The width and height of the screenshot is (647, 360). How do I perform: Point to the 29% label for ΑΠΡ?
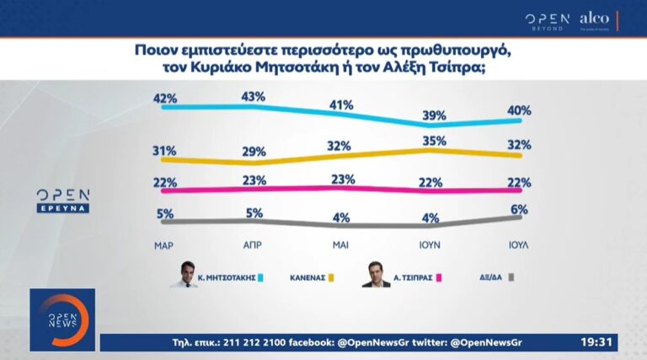pyautogui.click(x=253, y=153)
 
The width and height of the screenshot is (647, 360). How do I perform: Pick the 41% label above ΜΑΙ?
pyautogui.click(x=340, y=105)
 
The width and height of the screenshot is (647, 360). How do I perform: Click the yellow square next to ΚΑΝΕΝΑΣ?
pyautogui.click(x=331, y=277)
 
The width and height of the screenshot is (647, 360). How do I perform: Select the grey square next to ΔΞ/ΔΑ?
pyautogui.click(x=511, y=277)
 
